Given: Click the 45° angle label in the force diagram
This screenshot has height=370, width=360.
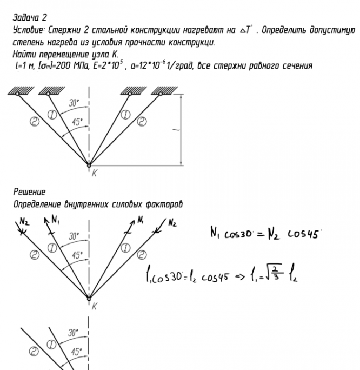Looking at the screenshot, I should [78, 255].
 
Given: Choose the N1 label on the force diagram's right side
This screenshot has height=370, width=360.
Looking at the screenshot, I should [140, 220].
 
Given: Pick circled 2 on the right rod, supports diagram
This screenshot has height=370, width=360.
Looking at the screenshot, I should [142, 121].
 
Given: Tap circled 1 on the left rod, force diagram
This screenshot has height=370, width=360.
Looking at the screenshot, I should [53, 248].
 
